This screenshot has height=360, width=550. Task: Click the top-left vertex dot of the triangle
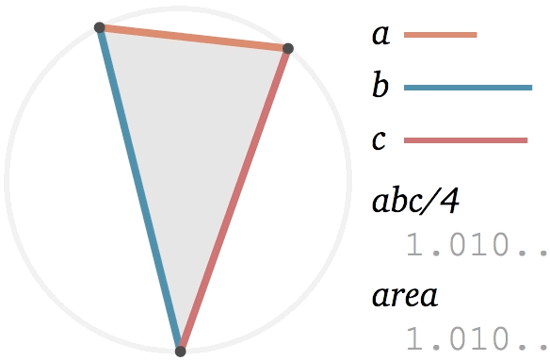pos(100,27)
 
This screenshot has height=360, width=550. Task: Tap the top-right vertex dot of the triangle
pos(287,48)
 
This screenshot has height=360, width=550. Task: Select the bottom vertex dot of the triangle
pos(180,351)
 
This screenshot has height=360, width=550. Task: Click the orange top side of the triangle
pos(194,38)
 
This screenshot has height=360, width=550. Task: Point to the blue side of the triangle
pos(140,189)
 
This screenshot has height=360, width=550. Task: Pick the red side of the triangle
pos(234,200)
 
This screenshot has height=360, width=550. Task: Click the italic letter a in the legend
pos(380,35)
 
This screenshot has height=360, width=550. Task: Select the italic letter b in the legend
pos(380,84)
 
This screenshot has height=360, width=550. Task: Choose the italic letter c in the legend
pos(379,140)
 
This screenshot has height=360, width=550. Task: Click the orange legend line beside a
pos(441,35)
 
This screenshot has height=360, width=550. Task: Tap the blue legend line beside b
pos(468,88)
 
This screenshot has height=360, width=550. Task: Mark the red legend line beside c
pos(466,140)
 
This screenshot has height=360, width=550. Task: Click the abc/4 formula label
pos(416,201)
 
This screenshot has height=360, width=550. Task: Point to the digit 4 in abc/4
pos(450,202)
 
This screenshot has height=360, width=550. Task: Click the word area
pos(405,297)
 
